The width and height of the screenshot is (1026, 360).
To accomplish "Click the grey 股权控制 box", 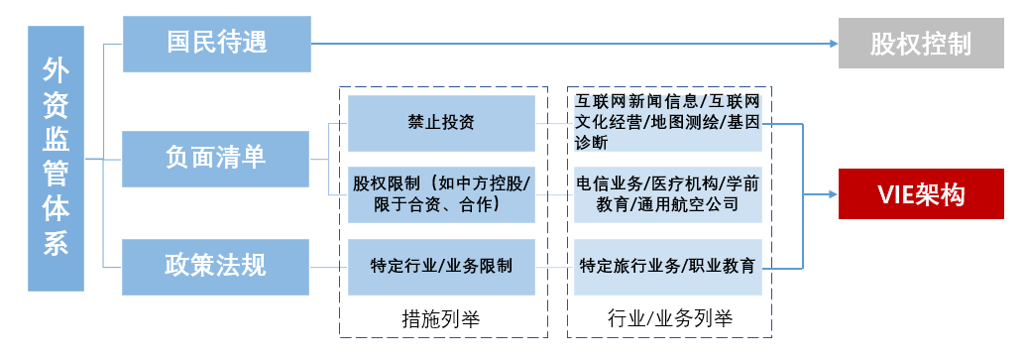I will pos(920,44).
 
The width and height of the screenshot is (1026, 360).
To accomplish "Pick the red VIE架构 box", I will pos(920,194).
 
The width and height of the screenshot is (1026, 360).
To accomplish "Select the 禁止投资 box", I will pos(441,123).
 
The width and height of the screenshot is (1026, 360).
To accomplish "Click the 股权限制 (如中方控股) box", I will pos(441,194).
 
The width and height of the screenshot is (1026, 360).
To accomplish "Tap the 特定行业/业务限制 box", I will pos(441,266).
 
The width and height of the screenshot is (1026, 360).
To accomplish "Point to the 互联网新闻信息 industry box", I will pos(668,123).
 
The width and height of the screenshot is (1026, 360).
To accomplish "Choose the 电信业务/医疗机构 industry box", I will pos(668,194).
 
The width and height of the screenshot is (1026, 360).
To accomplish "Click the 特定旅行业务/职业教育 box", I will pos(668,266).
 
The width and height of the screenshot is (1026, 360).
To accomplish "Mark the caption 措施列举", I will pos(441,319).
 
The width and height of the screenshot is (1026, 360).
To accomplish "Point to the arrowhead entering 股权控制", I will pos(832,44).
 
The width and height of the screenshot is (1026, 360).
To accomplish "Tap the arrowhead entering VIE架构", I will pos(832,194).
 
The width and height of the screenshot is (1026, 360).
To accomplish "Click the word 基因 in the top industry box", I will pos(742,123).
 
